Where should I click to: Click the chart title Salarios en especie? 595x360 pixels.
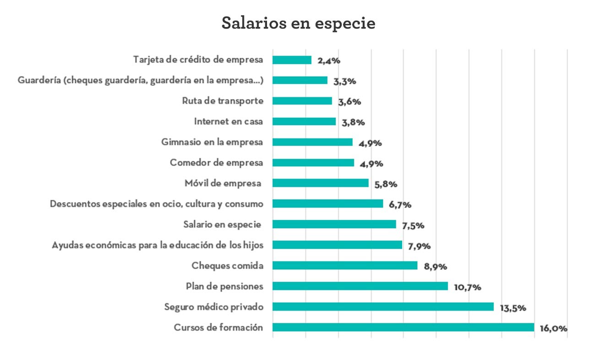(298, 23)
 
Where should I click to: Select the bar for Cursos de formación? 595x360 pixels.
(403, 327)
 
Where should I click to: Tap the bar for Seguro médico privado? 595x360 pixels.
(383, 306)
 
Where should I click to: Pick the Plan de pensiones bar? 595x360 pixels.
(360, 286)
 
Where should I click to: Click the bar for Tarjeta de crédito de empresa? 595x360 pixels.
(292, 60)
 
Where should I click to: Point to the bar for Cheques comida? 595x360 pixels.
(345, 265)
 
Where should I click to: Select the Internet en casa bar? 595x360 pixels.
(304, 121)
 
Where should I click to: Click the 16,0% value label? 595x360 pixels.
(554, 329)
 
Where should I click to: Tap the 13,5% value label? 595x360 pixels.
(513, 308)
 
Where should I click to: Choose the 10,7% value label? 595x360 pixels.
(467, 288)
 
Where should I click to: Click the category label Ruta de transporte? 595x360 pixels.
(223, 101)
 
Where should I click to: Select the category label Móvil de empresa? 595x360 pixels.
(224, 183)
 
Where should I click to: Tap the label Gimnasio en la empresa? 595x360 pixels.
(213, 142)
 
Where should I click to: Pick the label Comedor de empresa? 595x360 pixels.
(217, 163)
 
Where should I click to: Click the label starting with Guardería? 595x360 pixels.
(141, 80)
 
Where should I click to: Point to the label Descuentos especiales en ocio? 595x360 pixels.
(157, 204)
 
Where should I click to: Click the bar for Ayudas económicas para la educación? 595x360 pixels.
(337, 245)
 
